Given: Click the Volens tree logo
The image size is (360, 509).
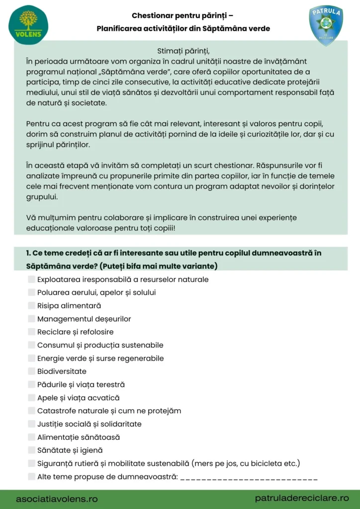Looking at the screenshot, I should click(28, 25).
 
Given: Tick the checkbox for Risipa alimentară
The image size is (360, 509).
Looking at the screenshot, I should click(32, 306).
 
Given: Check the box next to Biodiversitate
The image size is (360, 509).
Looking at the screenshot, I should click(32, 371).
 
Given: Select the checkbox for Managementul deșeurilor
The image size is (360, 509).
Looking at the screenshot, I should click(32, 319).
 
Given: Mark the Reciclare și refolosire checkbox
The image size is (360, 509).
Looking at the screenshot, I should click(32, 332).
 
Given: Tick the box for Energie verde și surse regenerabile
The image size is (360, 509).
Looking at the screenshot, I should click(32, 358).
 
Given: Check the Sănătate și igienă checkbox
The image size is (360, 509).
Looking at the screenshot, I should click(32, 450).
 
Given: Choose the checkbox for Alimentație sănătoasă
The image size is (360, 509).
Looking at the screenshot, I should click(32, 437).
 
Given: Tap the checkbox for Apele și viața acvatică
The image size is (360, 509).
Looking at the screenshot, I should click(32, 398).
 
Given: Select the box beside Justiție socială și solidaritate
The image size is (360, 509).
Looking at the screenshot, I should click(32, 424).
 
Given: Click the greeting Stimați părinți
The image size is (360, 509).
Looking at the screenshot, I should click(180, 51).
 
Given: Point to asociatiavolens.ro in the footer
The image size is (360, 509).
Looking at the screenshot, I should click(57, 498).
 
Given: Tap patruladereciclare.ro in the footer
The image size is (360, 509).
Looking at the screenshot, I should click(302, 498).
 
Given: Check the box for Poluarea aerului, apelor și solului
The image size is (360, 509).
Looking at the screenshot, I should click(32, 292).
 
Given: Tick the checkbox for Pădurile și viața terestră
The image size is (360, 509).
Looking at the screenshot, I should click(32, 385).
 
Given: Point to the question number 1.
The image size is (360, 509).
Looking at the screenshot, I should click(28, 253).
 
